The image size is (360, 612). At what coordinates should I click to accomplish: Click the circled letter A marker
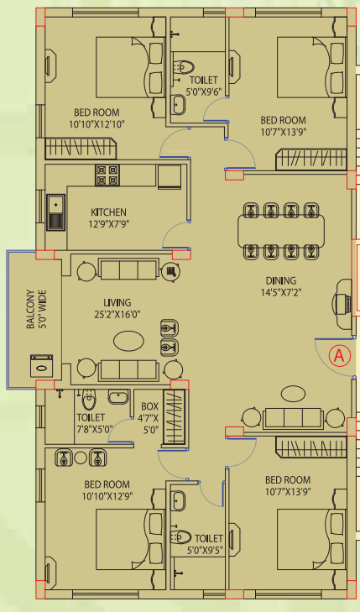click(x=339, y=354)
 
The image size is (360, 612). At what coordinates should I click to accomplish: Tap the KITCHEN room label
click(x=109, y=212)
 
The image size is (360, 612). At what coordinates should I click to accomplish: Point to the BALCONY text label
click(x=31, y=311)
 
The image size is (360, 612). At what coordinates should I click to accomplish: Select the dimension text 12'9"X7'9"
click(x=109, y=224)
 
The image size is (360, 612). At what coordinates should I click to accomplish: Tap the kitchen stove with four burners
click(x=107, y=175)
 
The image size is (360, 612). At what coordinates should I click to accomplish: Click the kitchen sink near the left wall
click(x=57, y=211)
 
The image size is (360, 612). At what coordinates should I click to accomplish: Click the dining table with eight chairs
click(x=280, y=229)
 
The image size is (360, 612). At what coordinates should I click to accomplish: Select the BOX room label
click(x=149, y=405)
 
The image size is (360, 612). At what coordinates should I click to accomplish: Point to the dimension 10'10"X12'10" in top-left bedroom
click(x=97, y=124)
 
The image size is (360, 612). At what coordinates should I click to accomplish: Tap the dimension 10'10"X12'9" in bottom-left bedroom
click(x=107, y=496)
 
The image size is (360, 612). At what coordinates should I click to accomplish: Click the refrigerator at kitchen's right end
click(x=169, y=176)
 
